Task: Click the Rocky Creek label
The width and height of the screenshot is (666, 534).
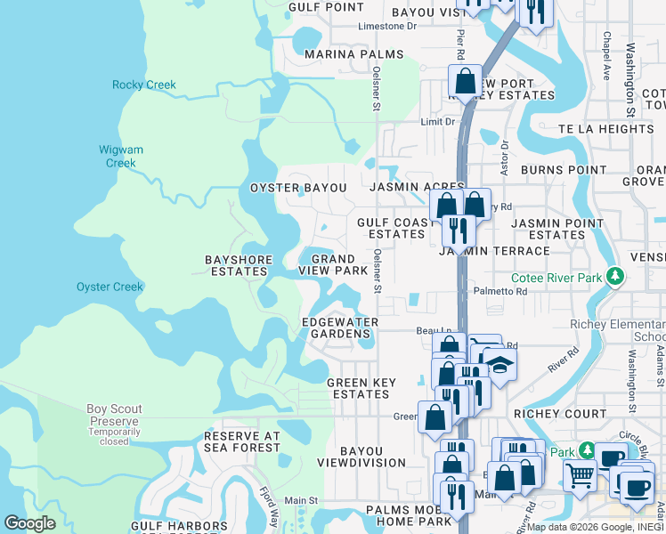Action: pyautogui.click(x=144, y=85)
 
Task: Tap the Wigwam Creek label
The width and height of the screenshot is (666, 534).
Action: pyautogui.click(x=120, y=157)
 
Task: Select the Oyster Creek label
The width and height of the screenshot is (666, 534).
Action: pyautogui.click(x=110, y=287)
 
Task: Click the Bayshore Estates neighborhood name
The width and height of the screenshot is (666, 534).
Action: pyautogui.click(x=237, y=265)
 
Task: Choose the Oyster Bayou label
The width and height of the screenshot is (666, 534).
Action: pyautogui.click(x=297, y=188)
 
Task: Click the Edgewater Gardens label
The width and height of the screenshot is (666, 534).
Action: pyautogui.click(x=340, y=328)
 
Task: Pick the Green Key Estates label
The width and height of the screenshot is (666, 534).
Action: pyautogui.click(x=359, y=388)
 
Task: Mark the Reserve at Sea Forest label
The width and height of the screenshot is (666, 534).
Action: pyautogui.click(x=242, y=441)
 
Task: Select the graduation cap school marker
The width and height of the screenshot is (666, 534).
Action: pyautogui.click(x=500, y=365)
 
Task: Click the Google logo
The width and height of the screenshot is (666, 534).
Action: pyautogui.click(x=29, y=523)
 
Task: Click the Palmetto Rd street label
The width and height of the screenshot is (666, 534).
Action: pyautogui.click(x=537, y=291)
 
